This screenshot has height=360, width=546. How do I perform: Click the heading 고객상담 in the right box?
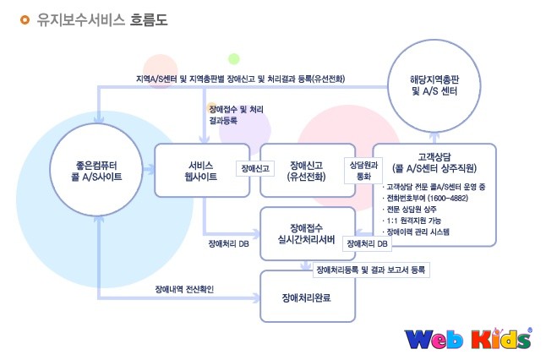pos(434,156)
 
